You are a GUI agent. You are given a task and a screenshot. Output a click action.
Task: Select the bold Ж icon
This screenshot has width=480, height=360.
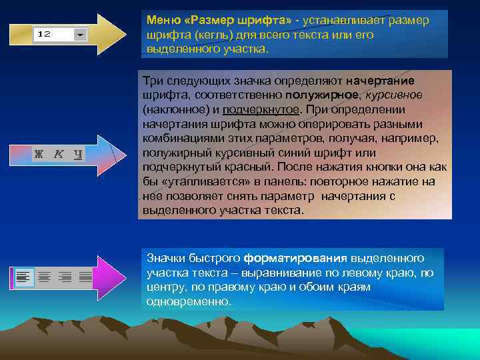(39, 154)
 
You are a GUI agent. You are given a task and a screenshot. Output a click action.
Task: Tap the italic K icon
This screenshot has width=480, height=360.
(58, 154)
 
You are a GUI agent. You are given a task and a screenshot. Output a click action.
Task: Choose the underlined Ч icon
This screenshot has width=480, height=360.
(77, 154)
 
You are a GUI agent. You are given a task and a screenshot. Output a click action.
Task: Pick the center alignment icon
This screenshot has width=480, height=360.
(45, 276)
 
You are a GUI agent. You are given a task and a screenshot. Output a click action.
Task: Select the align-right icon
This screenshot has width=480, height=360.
(65, 276)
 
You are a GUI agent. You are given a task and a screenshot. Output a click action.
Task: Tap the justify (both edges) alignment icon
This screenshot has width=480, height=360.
(85, 276)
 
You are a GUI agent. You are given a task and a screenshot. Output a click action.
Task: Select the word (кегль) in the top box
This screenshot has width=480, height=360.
(199, 35)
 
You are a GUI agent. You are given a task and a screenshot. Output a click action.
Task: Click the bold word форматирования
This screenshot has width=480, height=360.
(295, 259)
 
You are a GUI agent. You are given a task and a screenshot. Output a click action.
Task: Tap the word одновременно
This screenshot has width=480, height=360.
(188, 301)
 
